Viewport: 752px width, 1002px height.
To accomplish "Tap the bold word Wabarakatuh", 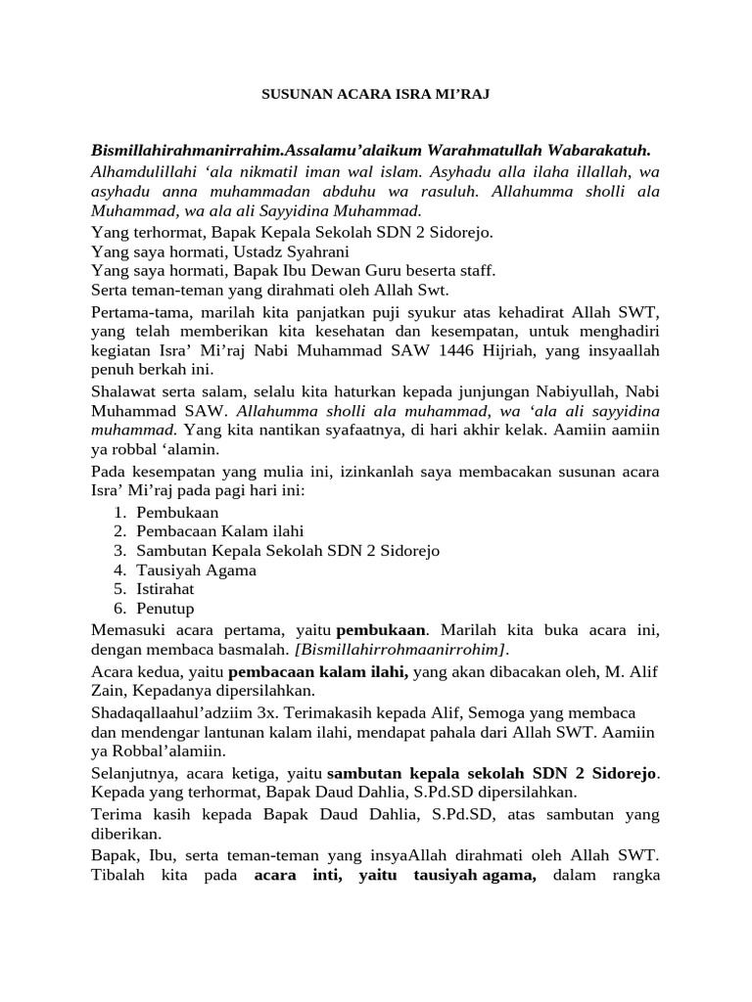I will tap(592, 150).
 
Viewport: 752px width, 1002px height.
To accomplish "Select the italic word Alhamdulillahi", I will tap(140, 171).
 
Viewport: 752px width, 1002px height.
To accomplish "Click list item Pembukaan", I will tap(177, 513).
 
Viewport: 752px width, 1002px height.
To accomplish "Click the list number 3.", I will tap(118, 551).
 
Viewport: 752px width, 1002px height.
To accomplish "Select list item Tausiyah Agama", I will tap(196, 569).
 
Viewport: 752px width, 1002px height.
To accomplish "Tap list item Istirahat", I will tap(165, 589).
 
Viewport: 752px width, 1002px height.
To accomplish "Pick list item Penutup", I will tap(164, 608).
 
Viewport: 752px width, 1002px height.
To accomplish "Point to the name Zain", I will tap(111, 690).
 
